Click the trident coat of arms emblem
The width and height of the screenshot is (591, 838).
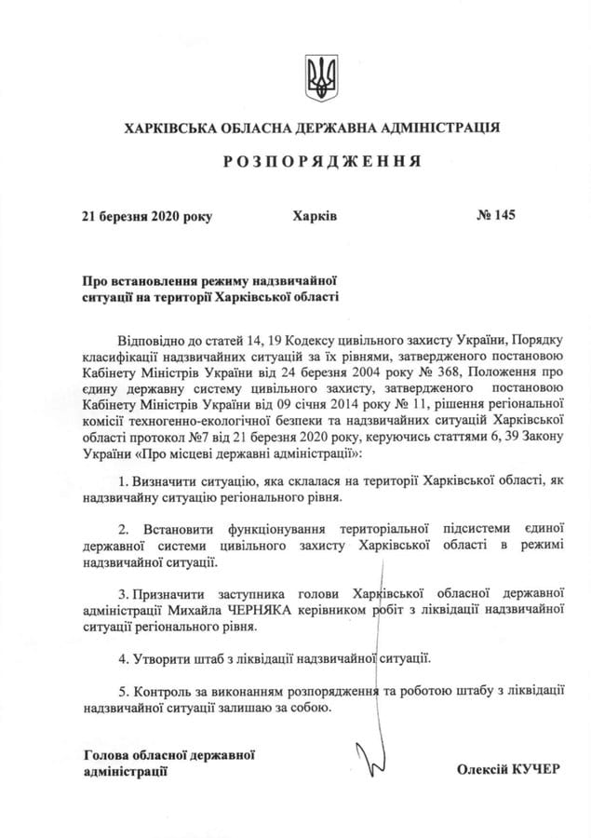pyautogui.click(x=322, y=77)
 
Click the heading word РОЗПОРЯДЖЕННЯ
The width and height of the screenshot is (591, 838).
pyautogui.click(x=321, y=161)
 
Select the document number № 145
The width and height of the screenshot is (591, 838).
pyautogui.click(x=495, y=216)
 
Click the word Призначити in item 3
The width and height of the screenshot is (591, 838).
pyautogui.click(x=168, y=592)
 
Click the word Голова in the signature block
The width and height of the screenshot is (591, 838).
pyautogui.click(x=103, y=753)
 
